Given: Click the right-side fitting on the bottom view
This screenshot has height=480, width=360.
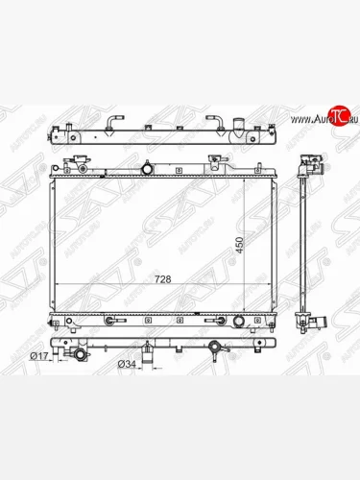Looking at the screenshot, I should click(x=237, y=348).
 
